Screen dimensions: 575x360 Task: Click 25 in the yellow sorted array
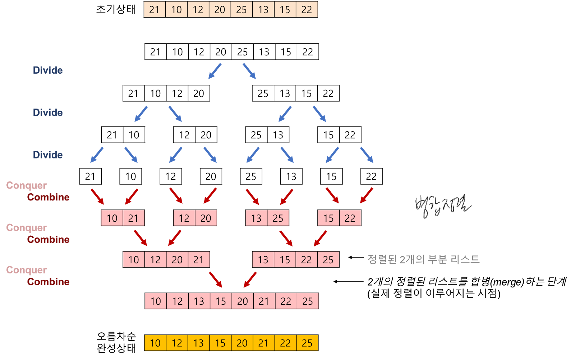tap(307, 343)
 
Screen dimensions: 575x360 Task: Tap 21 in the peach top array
tap(155, 10)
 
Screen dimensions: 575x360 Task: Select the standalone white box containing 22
tap(371, 176)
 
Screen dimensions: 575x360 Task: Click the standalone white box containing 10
tap(130, 176)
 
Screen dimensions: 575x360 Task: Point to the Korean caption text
tap(423, 259)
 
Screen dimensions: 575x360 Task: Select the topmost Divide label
tap(48, 70)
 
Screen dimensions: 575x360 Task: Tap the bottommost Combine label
tap(48, 282)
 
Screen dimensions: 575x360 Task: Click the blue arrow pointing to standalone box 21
tap(97, 155)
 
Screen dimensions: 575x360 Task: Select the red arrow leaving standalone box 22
tap(367, 195)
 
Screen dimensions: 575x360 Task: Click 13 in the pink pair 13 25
tap(256, 218)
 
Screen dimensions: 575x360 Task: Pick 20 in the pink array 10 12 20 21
tap(177, 260)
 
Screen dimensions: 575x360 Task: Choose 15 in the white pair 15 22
tap(328, 135)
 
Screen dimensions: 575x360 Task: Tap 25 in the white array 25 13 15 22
tap(263, 93)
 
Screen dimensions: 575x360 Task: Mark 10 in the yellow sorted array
tap(155, 343)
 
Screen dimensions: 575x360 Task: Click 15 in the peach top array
tap(285, 10)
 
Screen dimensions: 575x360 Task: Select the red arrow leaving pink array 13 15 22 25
tap(250, 280)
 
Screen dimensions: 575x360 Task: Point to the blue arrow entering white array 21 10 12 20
tap(215, 71)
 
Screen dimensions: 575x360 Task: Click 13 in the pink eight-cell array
tap(199, 301)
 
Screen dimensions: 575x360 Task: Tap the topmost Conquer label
tap(26, 185)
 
